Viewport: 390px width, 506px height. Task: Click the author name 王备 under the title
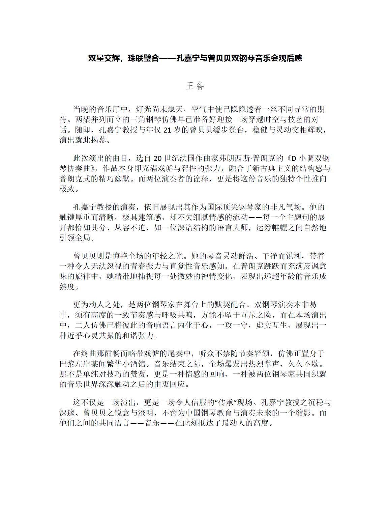pos(195,86)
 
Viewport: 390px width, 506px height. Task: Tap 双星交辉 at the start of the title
pos(104,58)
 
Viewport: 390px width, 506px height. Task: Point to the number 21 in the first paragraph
pos(168,130)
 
